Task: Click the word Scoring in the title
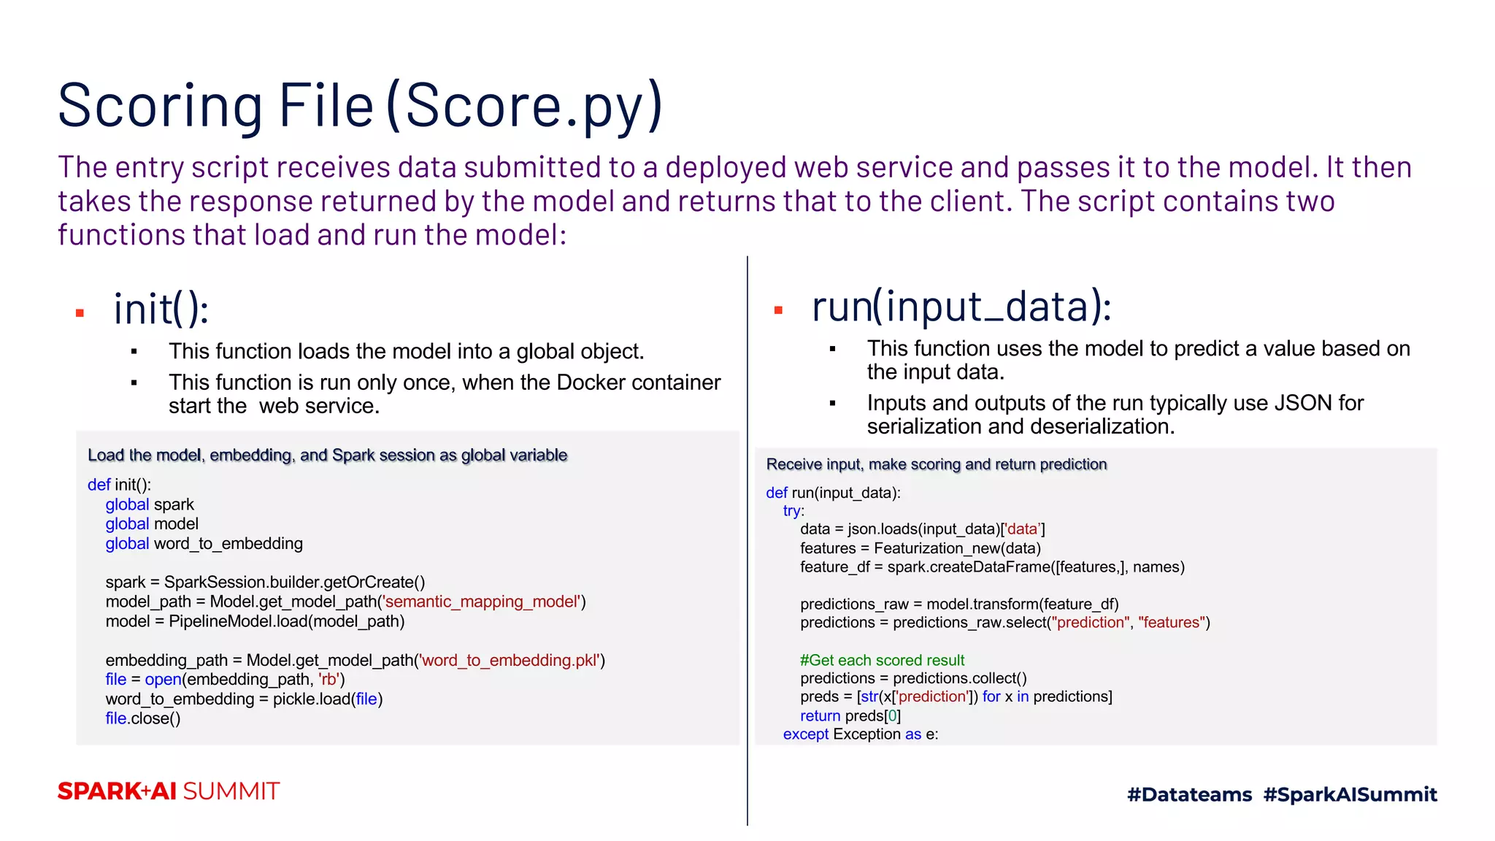pos(160,107)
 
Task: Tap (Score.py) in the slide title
pos(524,107)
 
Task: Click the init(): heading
pos(161,309)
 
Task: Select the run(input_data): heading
pos(961,307)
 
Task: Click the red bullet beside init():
pos(80,313)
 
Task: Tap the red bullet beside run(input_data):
pos(778,310)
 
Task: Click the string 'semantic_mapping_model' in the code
pos(483,602)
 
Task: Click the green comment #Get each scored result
pos(882,660)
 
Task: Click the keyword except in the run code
pos(805,734)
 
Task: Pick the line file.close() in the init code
pos(143,718)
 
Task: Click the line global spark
pos(150,504)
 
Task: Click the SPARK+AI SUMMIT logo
pos(169,791)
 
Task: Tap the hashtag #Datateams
pos(1189,794)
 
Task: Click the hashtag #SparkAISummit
pos(1350,794)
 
